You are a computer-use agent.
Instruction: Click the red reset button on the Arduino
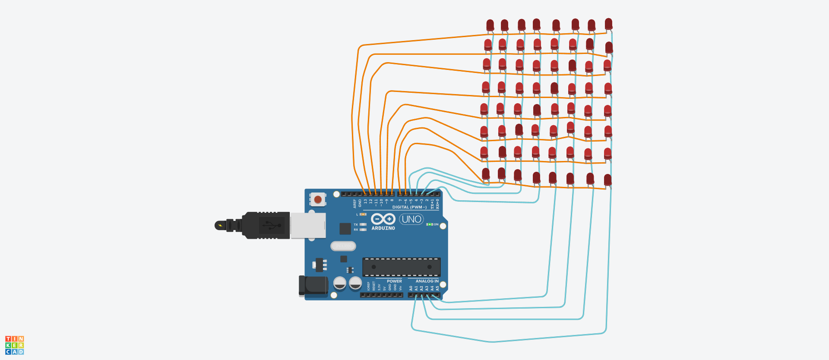318,199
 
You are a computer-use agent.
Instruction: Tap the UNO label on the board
411,219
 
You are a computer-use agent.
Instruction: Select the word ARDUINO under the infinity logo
383,228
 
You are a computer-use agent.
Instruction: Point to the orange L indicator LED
363,215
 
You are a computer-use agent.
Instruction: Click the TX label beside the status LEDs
356,224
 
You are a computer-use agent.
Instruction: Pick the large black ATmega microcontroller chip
401,267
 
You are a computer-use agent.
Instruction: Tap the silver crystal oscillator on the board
343,246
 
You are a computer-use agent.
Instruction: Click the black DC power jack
313,286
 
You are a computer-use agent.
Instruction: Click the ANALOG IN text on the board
427,281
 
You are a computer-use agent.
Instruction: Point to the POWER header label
394,281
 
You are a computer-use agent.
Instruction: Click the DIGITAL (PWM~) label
409,207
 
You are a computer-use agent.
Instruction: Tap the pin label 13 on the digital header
365,201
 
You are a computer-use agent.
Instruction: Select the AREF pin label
354,203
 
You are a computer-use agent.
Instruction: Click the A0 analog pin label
411,288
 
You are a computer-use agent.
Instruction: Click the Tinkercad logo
14,345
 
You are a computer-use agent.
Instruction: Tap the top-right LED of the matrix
608,24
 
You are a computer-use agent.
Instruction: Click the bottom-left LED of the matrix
486,174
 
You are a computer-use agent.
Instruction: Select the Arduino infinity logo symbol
383,219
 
